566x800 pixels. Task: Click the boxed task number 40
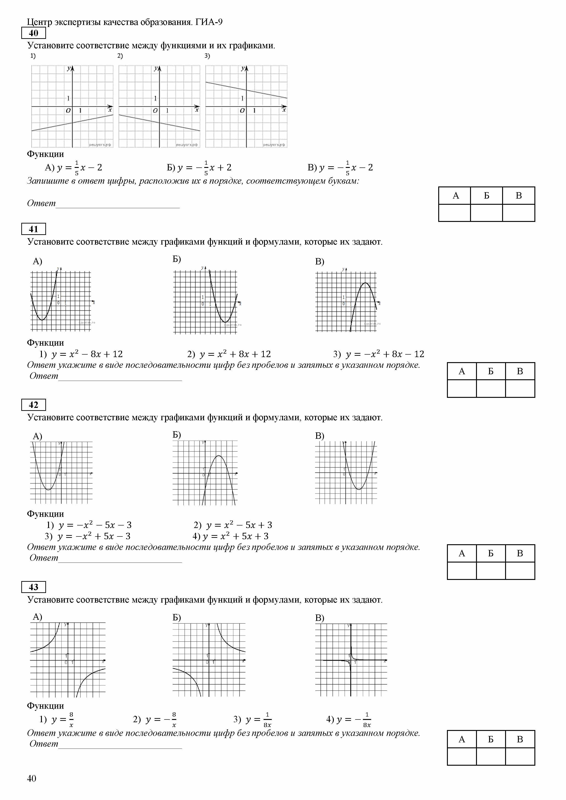coord(33,33)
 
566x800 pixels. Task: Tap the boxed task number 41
coord(33,229)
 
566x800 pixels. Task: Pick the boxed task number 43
coord(33,587)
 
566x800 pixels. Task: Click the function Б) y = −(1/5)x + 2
coord(199,168)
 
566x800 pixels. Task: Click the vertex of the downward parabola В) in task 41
coord(365,283)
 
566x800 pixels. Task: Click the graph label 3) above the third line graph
coord(207,56)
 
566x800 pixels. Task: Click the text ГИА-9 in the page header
coord(209,22)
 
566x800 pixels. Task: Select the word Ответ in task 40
coord(41,203)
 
